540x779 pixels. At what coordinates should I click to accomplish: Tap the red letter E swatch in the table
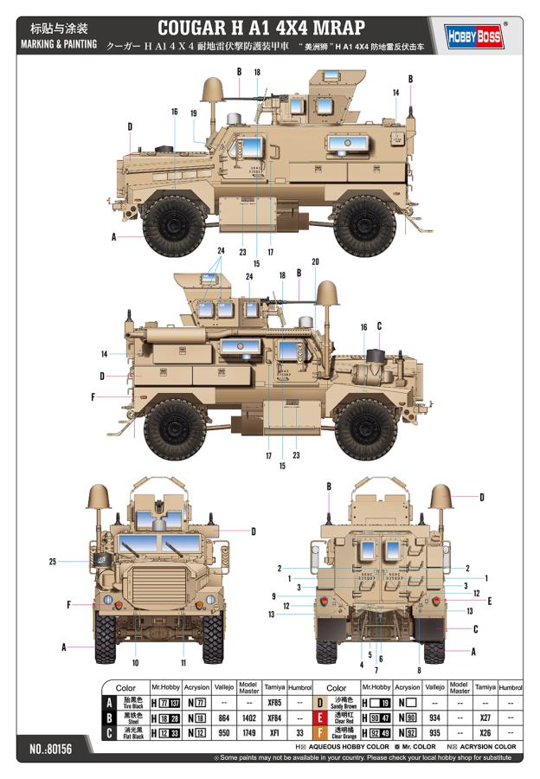pos(319,718)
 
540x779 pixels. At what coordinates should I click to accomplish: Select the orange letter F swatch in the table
pos(319,733)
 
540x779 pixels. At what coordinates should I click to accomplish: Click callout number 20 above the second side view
pos(315,261)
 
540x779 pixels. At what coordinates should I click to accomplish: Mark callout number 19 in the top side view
pos(193,113)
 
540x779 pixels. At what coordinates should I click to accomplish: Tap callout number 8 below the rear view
pos(419,670)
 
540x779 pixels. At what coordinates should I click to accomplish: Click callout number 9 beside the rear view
pos(273,596)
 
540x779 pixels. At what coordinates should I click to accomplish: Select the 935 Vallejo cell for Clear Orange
pos(434,733)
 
